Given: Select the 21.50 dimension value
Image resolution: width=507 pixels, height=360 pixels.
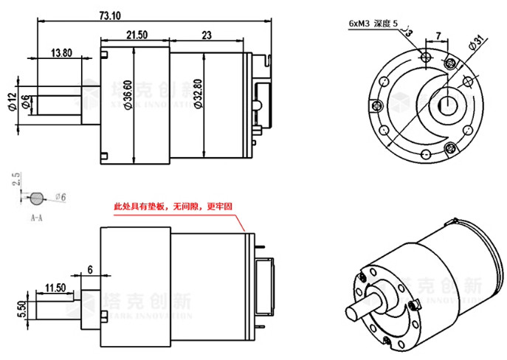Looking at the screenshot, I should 137,35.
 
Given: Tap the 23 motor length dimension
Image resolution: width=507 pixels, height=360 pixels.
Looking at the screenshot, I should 206,35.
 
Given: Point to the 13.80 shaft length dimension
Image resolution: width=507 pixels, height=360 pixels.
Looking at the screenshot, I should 61,52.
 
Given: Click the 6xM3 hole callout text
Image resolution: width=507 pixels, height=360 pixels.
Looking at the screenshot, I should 373,23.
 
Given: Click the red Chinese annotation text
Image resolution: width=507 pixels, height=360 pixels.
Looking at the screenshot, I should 173,208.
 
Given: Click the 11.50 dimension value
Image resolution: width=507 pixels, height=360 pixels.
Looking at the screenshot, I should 55,286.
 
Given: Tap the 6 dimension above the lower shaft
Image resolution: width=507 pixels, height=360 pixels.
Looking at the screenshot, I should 91,269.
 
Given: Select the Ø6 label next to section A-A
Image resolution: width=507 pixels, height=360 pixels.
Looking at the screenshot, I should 61,197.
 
